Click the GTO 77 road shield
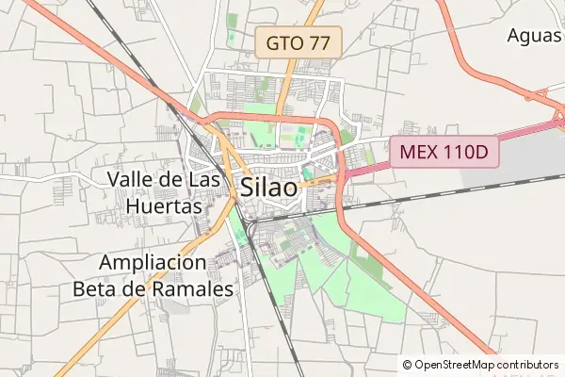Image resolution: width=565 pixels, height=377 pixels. pyautogui.click(x=299, y=41)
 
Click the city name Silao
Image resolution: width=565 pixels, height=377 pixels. pyautogui.click(x=269, y=187)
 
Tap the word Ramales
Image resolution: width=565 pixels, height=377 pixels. pyautogui.click(x=193, y=289)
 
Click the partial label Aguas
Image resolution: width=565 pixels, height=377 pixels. pyautogui.click(x=534, y=36)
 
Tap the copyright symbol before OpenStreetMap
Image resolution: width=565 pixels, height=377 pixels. pyautogui.click(x=407, y=365)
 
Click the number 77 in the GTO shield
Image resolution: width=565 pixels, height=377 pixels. pyautogui.click(x=320, y=41)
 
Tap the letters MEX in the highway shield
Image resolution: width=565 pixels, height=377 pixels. pyautogui.click(x=419, y=152)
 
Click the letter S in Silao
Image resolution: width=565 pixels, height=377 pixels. pyautogui.click(x=248, y=187)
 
